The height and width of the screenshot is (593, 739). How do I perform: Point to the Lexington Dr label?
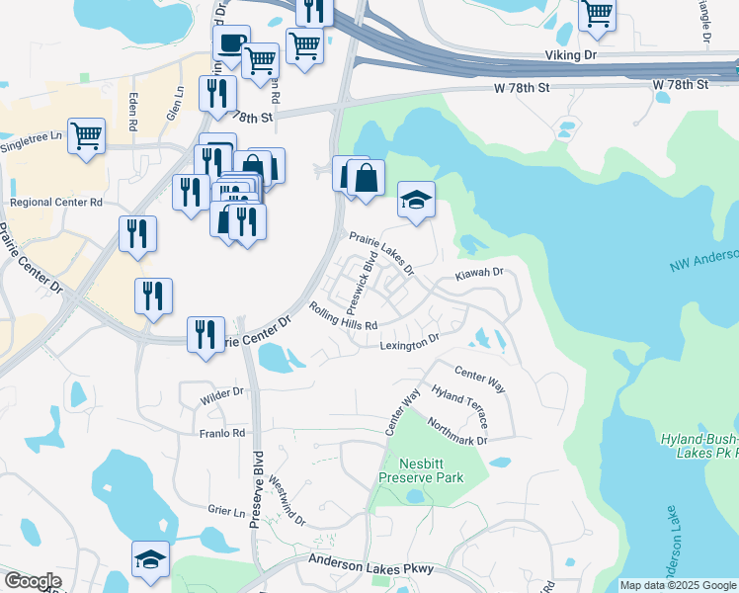(x=409, y=343)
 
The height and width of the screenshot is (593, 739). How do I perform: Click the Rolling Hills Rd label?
(x=344, y=316)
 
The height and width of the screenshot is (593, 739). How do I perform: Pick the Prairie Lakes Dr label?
(x=381, y=252)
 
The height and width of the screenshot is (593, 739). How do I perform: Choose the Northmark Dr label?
(x=458, y=432)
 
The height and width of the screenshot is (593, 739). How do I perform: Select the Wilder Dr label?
(x=221, y=392)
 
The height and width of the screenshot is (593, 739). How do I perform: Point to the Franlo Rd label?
(x=221, y=433)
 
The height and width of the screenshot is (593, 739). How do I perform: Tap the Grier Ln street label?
(x=226, y=511)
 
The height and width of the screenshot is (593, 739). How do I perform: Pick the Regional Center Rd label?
(x=56, y=203)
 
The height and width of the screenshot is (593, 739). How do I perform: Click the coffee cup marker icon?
(x=231, y=44)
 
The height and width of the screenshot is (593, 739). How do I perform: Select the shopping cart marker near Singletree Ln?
(x=87, y=135)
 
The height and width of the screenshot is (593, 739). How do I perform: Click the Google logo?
(x=33, y=581)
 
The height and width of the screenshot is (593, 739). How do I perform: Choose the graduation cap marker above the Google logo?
(x=151, y=558)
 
